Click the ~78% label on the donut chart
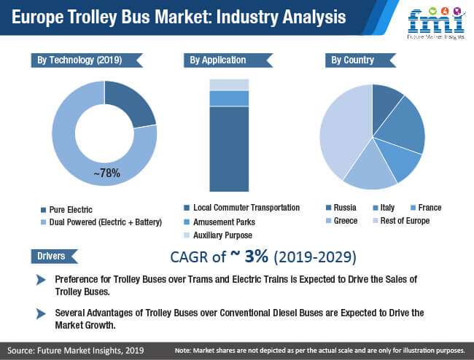pos(106,173)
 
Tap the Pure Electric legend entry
pos(66,210)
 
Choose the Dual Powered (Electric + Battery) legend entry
pos(101,222)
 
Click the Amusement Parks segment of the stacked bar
pos(229,98)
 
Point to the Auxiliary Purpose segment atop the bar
pos(229,85)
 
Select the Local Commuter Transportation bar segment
pos(229,149)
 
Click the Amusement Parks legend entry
pos(219,222)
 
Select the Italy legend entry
pos(384,208)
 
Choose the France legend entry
pos(426,208)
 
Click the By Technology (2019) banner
pos(87,60)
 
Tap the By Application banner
pos(228,60)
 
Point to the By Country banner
pos(361,60)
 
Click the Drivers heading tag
pos(55,257)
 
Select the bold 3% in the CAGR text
pos(257,256)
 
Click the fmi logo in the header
pos(436,23)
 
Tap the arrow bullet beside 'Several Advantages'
pos(41,313)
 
